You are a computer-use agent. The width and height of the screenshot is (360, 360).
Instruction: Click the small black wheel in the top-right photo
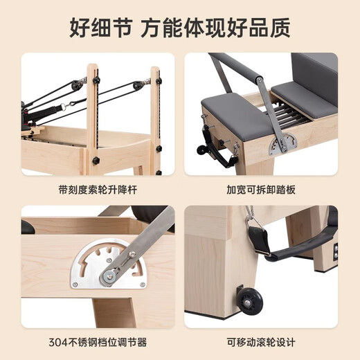pos(203,148)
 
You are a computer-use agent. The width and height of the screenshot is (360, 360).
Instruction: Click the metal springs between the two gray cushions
pos(273,114)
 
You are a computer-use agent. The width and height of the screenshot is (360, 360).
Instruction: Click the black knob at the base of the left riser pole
pos(96,161)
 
